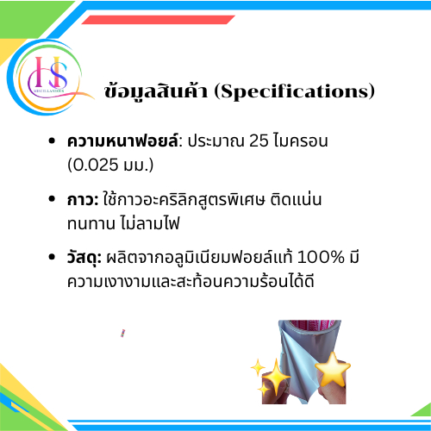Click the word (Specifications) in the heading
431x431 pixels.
pyautogui.click(x=295, y=91)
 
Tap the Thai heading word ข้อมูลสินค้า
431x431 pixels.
pyautogui.click(x=156, y=91)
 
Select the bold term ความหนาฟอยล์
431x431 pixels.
pyautogui.click(x=122, y=141)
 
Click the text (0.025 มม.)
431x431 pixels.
pyautogui.click(x=110, y=165)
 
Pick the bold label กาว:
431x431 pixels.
pyautogui.click(x=83, y=200)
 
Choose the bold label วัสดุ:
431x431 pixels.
pyautogui.click(x=84, y=258)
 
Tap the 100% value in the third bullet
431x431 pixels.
pyautogui.click(x=321, y=257)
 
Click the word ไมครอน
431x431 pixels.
pyautogui.click(x=301, y=141)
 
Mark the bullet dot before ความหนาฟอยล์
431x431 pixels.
pyautogui.click(x=52, y=141)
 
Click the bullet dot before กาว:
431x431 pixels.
pyautogui.click(x=52, y=199)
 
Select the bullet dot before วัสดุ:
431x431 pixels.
pyautogui.click(x=52, y=257)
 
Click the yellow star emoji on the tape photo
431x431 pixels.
pyautogui.click(x=333, y=370)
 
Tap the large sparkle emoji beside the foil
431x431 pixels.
pyautogui.click(x=276, y=377)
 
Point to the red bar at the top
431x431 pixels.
pyautogui.click(x=158, y=20)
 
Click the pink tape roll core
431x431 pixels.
pyautogui.click(x=313, y=325)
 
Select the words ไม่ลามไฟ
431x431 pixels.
pyautogui.click(x=149, y=223)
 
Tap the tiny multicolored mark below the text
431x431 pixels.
pyautogui.click(x=122, y=334)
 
